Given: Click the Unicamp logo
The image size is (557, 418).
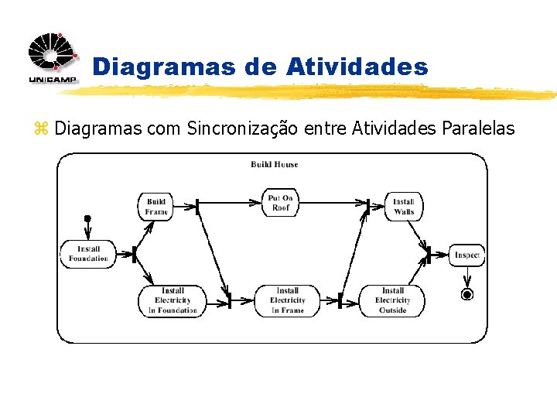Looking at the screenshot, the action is tap(53, 59).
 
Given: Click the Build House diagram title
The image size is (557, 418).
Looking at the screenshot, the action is tap(274, 164).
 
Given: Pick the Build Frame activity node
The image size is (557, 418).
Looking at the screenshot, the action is tap(155, 206).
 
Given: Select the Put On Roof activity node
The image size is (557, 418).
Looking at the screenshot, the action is tap(281, 203).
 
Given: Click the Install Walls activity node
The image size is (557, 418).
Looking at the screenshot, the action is tap(403, 206).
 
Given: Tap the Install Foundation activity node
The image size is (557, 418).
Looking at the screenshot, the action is tap(87, 254).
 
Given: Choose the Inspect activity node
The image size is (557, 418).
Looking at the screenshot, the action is tap(466, 255).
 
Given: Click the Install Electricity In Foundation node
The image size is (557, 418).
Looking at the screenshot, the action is tap(172, 300).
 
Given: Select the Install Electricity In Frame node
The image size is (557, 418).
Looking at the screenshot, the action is tap(287, 300).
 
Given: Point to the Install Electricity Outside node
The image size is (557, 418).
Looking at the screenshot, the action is tap(392, 300).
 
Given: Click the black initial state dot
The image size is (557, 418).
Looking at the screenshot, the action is tap(87, 219).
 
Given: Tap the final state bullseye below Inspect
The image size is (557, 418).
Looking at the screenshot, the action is tap(466, 294).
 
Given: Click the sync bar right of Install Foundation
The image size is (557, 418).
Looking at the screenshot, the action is tap(134, 254).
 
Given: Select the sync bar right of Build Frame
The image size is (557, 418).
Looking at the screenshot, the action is tap(197, 206).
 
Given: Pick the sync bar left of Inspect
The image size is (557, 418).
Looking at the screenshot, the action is tap(429, 255).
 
